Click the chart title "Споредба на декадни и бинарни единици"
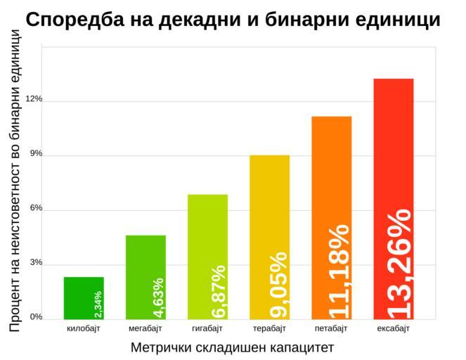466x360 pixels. tap(233, 20)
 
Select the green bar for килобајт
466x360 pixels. tap(84, 297)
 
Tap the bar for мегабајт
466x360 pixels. tap(145, 277)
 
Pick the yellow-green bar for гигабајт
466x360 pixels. tap(207, 257)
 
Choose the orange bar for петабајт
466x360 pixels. tap(331, 217)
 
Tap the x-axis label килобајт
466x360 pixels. tap(84, 328)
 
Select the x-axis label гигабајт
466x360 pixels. tap(207, 328)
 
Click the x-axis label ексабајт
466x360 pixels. tap(393, 328)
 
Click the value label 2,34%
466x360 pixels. tap(98, 304)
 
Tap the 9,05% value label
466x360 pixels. tap(278, 285)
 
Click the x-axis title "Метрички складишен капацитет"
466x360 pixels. tap(232, 347)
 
